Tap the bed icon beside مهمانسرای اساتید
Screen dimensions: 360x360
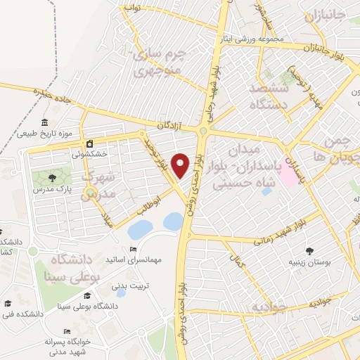coord(134,250)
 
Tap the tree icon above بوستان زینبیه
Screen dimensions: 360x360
coord(309,250)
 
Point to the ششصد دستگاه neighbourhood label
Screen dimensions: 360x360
coord(269,96)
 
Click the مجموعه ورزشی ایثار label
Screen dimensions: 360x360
coord(251,39)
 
